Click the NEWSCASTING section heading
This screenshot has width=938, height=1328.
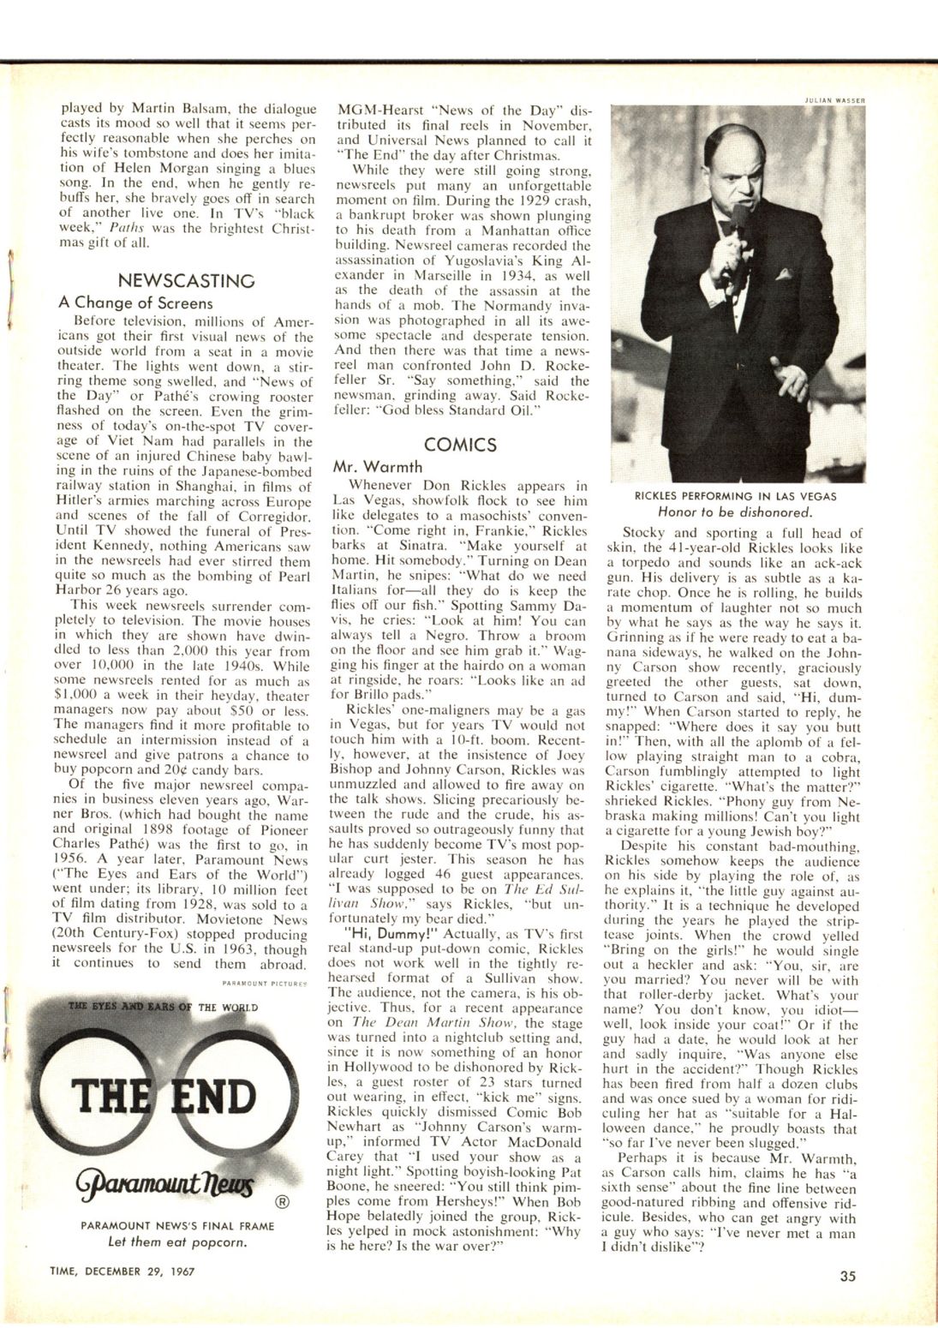[x=186, y=280]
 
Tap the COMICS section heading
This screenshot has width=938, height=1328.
[x=460, y=445]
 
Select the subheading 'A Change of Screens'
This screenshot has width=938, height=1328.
[x=135, y=302]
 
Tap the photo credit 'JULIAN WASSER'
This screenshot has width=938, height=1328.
[x=833, y=99]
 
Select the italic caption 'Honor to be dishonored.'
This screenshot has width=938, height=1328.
[x=736, y=512]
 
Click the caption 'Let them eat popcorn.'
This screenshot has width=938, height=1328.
[x=177, y=1241]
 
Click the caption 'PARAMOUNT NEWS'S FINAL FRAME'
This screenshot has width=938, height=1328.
[x=177, y=1225]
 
